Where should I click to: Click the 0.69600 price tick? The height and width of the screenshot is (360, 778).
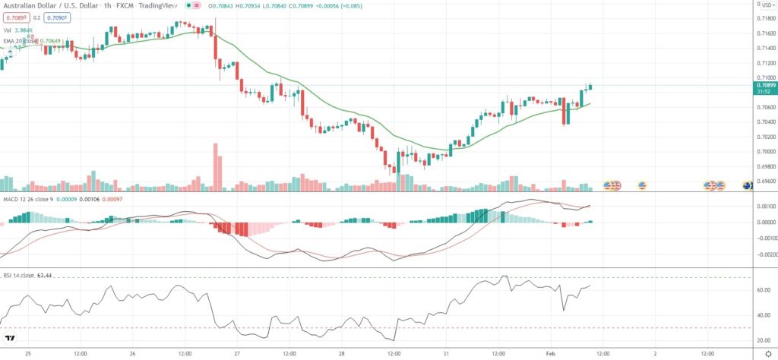[764, 182]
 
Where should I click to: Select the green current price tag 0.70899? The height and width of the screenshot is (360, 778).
[764, 86]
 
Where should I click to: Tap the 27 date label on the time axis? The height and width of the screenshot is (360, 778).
[236, 353]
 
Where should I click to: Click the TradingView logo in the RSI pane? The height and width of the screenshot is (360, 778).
[11, 338]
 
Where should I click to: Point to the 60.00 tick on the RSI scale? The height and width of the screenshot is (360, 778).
[764, 290]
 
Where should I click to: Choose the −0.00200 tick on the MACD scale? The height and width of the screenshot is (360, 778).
[764, 254]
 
